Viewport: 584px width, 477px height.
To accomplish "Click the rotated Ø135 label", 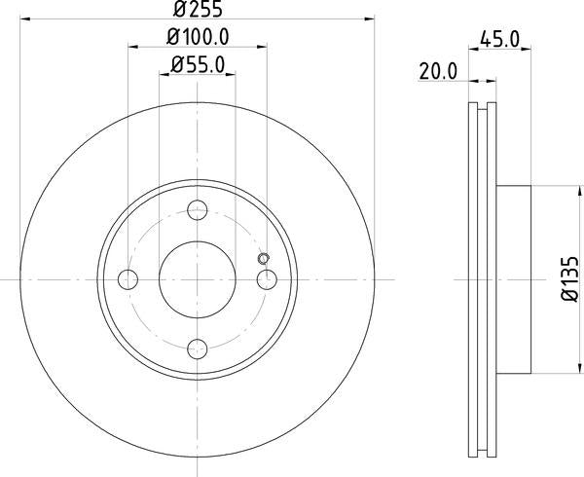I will tap(568, 280).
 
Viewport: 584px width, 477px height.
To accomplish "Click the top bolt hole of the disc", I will tap(198, 207).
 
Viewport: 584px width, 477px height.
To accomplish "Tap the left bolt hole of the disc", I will tap(127, 279).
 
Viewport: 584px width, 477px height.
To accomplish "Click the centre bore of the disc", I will tap(198, 278).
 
